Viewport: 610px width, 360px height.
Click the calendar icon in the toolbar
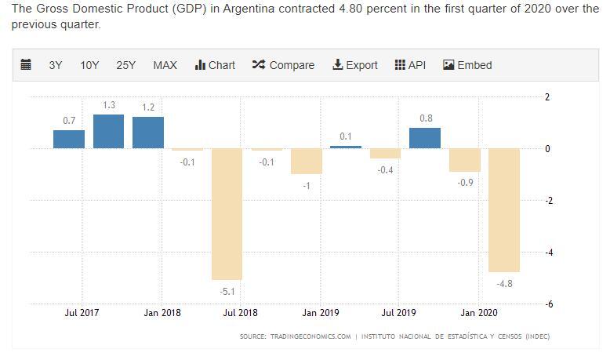[x=25, y=65]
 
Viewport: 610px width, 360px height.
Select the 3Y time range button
[x=56, y=65]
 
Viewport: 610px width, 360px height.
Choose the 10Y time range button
[x=89, y=65]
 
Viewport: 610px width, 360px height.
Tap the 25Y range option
[x=125, y=65]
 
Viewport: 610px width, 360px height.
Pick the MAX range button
[x=165, y=65]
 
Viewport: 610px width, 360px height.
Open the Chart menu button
[x=215, y=65]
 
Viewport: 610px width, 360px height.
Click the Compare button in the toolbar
[x=283, y=65]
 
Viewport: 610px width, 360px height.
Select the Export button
[x=355, y=65]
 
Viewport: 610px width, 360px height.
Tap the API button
[x=410, y=65]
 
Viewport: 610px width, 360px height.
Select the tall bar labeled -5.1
[x=227, y=214]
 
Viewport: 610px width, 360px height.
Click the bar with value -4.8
[x=504, y=210]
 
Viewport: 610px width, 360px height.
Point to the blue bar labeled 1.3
[x=109, y=131]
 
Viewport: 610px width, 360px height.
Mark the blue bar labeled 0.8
[x=425, y=138]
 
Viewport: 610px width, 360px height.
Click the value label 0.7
[x=69, y=121]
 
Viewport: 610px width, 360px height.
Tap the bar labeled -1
[x=307, y=162]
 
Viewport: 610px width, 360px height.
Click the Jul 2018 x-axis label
[x=240, y=313]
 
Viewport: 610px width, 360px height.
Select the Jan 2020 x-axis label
[x=477, y=313]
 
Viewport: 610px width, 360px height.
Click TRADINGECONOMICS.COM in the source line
[x=310, y=336]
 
